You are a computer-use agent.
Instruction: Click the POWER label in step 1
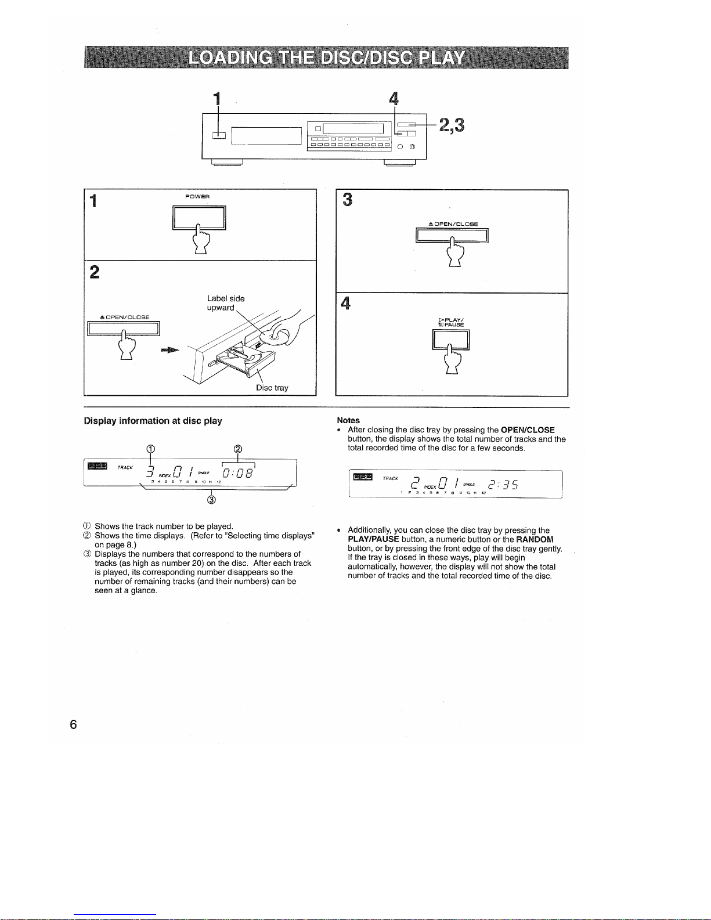[197, 196]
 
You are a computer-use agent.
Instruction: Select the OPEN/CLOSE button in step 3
[452, 234]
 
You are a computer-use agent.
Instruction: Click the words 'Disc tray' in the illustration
[272, 387]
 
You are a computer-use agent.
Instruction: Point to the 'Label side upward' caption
[226, 303]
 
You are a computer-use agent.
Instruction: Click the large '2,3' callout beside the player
[452, 125]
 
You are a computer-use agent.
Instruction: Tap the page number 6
[73, 724]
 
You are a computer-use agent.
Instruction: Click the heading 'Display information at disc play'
[153, 421]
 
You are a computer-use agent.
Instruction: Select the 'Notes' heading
[348, 420]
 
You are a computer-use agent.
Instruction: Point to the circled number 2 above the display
[237, 449]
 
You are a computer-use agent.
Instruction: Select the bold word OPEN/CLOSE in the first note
[528, 430]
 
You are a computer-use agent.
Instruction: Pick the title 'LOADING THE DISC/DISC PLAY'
[326, 58]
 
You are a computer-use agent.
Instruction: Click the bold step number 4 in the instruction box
[346, 304]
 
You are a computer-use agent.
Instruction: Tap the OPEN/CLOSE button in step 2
[123, 329]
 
